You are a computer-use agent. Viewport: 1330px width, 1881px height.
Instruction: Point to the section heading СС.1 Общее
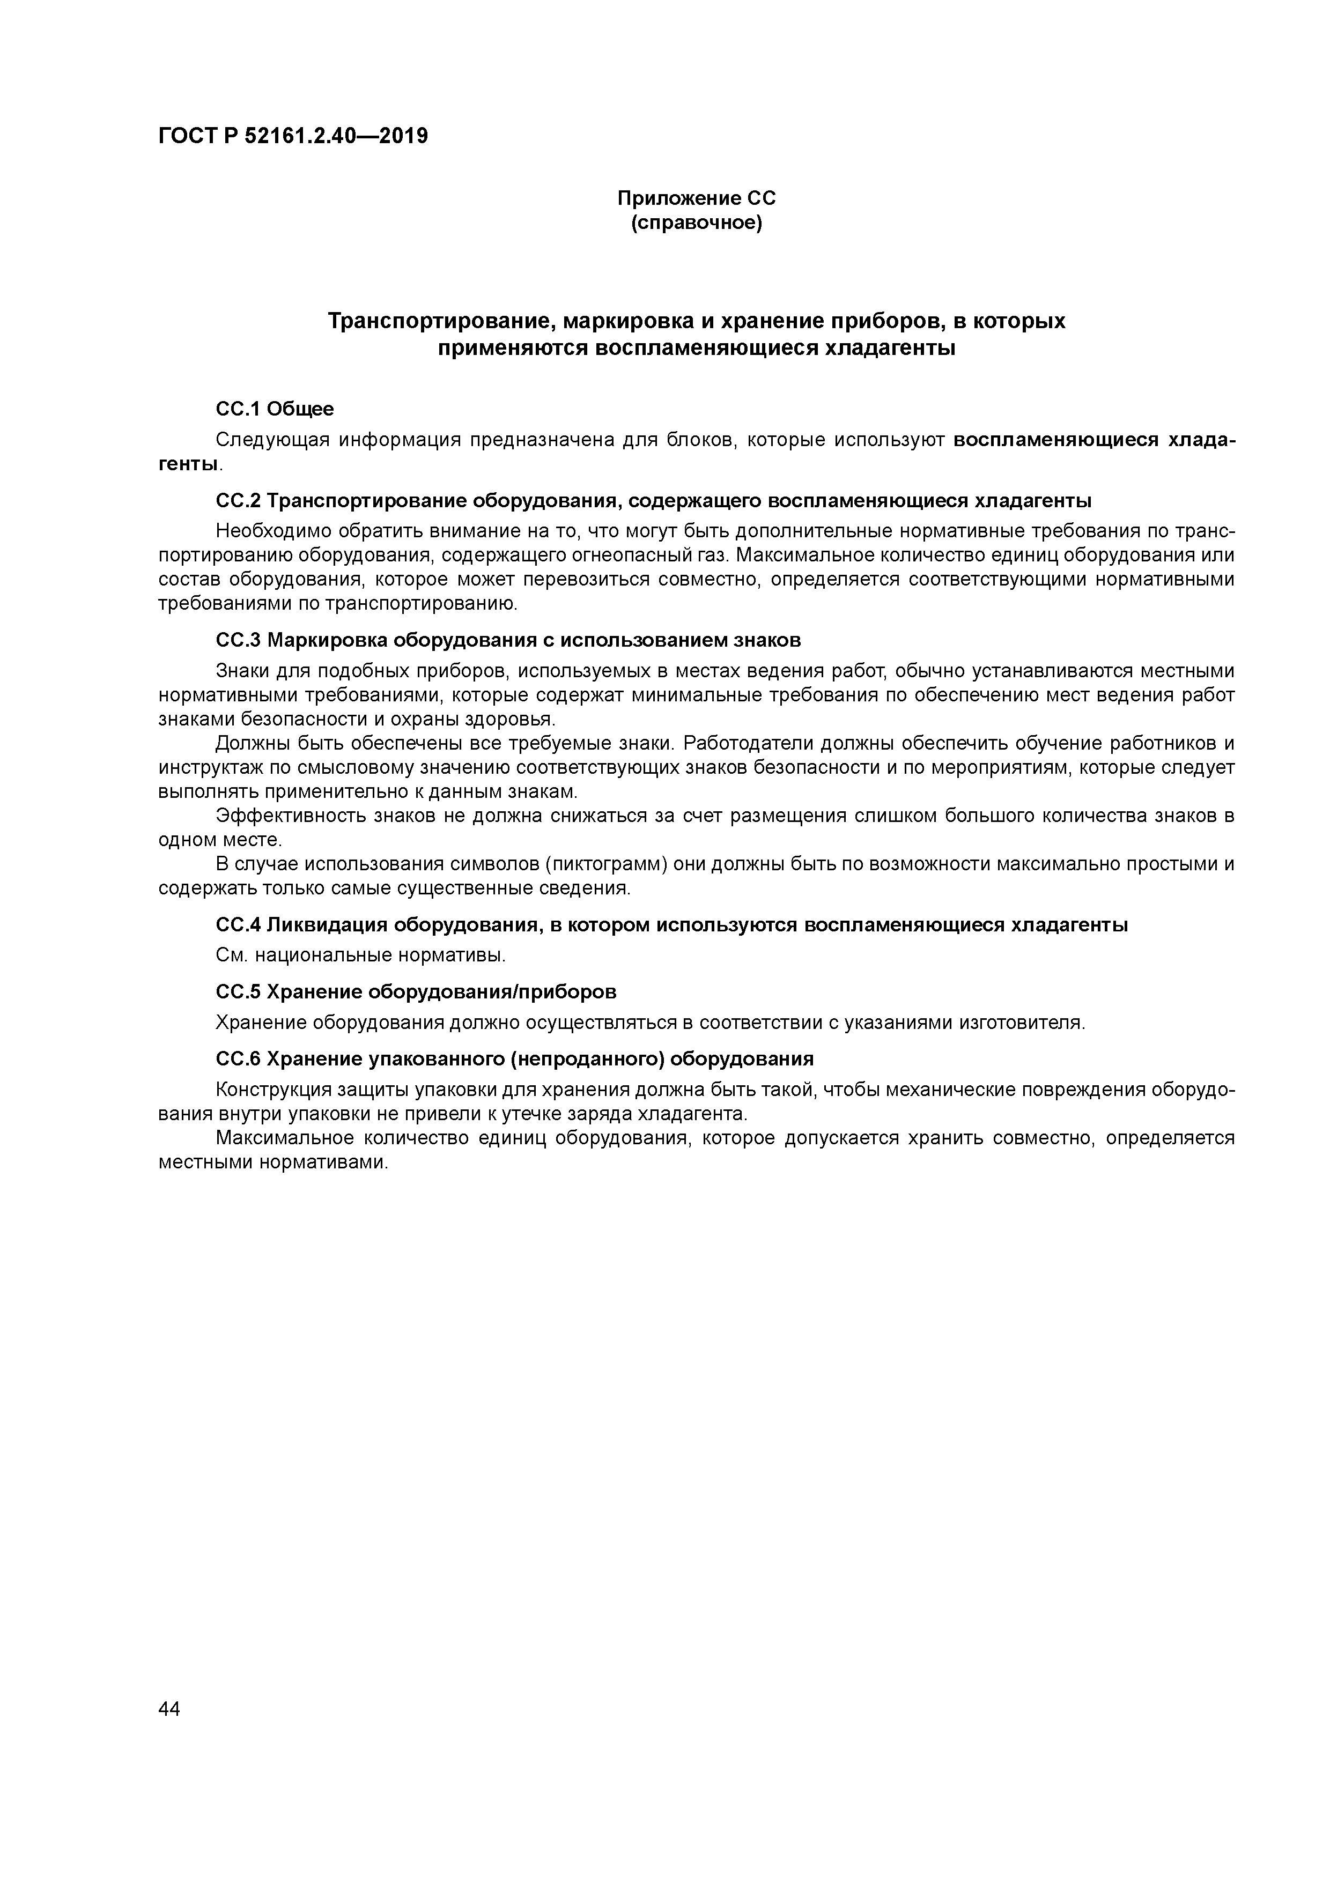275,408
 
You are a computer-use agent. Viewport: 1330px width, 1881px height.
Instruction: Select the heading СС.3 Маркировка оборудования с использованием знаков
508,639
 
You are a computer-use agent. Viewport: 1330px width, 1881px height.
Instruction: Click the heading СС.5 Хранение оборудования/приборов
416,992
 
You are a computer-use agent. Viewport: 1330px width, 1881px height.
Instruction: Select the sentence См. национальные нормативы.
360,956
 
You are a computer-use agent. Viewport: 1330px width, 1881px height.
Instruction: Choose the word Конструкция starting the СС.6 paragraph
270,1091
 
